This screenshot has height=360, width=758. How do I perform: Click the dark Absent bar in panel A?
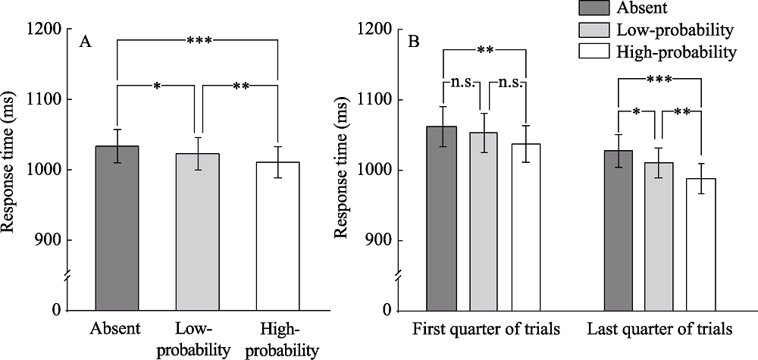(x=117, y=227)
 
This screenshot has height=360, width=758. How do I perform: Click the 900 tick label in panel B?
(x=387, y=240)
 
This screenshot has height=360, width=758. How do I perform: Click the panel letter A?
(x=86, y=42)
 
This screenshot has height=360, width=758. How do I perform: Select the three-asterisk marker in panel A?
(x=199, y=41)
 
